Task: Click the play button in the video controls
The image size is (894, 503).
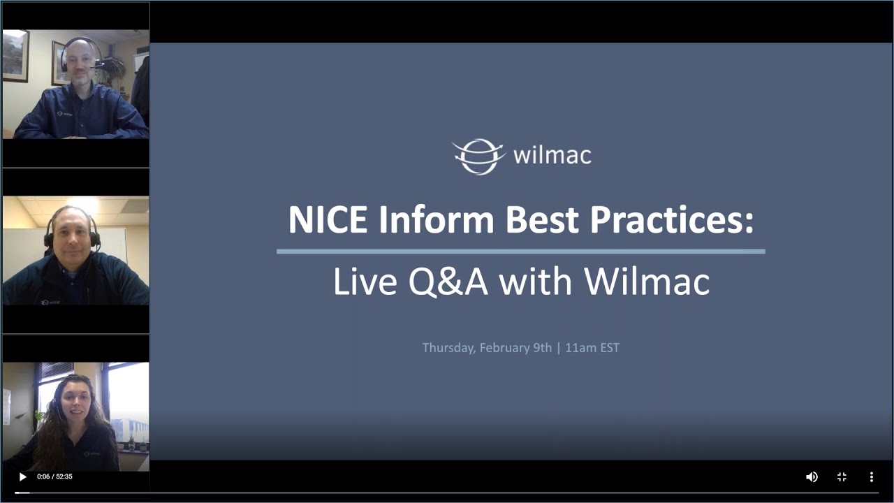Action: (22, 477)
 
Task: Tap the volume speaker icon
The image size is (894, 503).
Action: (812, 477)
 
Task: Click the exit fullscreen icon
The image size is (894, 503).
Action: (842, 477)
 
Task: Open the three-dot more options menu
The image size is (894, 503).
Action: (871, 477)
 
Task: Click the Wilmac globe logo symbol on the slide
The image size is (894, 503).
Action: (478, 156)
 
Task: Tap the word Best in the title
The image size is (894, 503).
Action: (543, 220)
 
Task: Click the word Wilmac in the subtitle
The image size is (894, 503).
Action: (647, 282)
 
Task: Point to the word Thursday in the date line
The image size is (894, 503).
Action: (449, 348)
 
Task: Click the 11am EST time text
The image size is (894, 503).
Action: (592, 348)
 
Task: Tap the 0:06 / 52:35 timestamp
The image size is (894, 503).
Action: (54, 477)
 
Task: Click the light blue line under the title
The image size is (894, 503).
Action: (520, 251)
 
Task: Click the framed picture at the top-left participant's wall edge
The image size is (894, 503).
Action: (15, 56)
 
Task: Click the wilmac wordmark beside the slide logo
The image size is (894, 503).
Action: (552, 155)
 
